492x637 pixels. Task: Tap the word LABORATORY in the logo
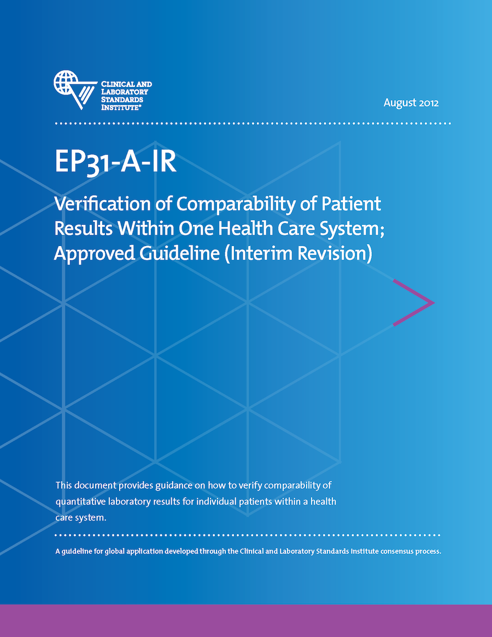point(125,92)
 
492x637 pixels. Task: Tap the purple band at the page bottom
point(246,621)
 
